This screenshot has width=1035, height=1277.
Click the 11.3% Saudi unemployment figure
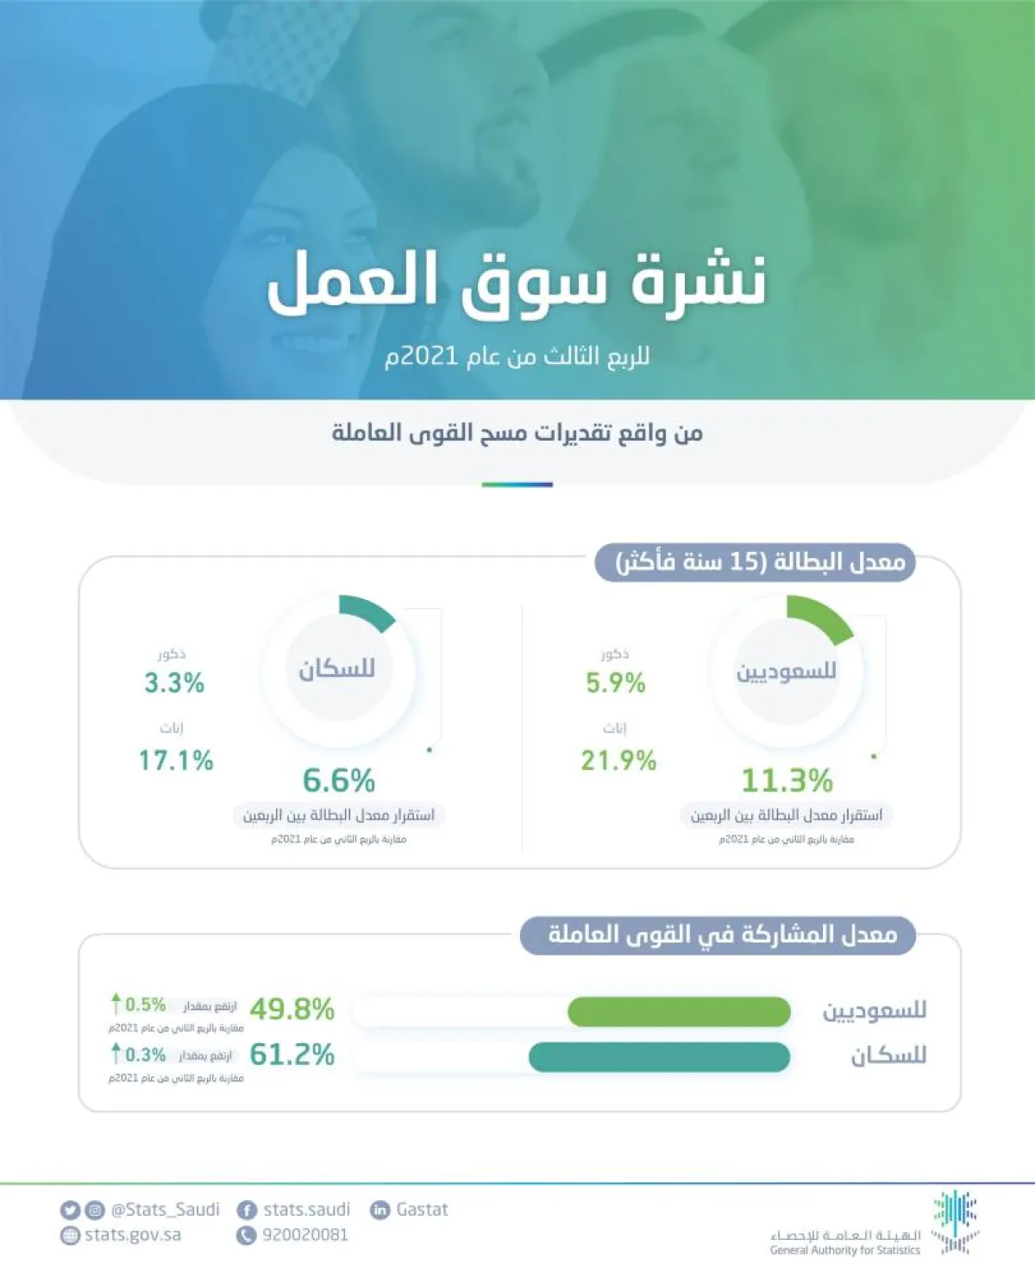tap(787, 780)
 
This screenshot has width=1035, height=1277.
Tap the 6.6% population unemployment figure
tap(339, 780)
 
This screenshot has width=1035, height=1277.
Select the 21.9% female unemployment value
tap(618, 761)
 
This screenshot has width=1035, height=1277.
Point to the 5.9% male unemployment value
tap(616, 683)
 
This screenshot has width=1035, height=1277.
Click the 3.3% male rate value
tap(174, 683)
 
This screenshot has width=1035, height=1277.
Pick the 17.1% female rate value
tap(176, 761)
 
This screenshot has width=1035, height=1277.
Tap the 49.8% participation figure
tap(292, 1009)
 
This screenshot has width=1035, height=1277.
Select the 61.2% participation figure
tap(292, 1055)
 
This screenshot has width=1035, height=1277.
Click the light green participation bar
tap(679, 1012)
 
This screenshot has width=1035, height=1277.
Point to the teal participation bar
tap(659, 1057)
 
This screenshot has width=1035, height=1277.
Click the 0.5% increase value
tap(146, 1005)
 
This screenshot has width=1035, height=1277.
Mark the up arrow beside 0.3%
tap(116, 1053)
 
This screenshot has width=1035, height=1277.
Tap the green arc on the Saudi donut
tap(821, 617)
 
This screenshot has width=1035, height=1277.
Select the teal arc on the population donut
tap(367, 610)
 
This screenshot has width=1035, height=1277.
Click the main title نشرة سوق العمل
tap(517, 282)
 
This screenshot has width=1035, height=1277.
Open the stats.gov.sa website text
tap(133, 1235)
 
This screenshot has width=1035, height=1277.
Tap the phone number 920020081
tap(305, 1235)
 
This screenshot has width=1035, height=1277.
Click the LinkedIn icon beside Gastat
tap(379, 1210)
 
